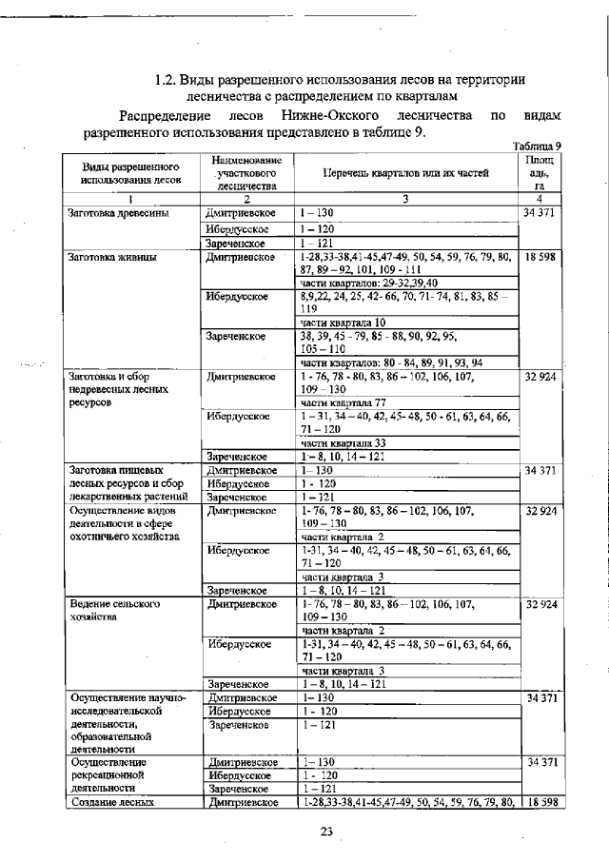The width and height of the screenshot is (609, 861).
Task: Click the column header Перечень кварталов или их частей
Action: point(405,174)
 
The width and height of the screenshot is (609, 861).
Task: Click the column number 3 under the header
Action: point(405,199)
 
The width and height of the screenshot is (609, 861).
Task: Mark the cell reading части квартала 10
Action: point(343,323)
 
